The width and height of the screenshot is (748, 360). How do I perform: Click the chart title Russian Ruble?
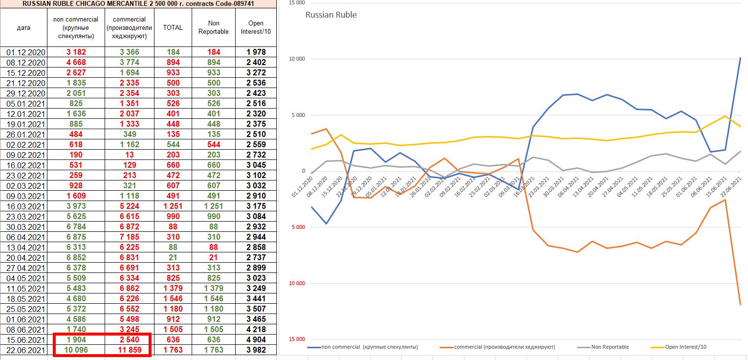[x=331, y=15]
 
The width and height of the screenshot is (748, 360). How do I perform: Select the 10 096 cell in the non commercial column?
[x=75, y=350]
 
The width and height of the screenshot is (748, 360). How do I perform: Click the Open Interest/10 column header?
[x=256, y=27]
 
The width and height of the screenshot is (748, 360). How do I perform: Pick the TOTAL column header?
[x=173, y=27]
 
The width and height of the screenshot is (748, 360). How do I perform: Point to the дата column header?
[x=23, y=27]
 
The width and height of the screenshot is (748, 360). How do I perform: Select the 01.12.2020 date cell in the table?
[x=26, y=52]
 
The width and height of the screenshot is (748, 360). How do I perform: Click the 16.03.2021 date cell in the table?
[x=26, y=206]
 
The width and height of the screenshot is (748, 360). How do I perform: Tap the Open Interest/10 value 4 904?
[x=256, y=339]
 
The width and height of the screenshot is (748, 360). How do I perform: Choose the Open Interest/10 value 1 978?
[x=256, y=52]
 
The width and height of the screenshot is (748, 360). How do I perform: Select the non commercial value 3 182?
[x=75, y=52]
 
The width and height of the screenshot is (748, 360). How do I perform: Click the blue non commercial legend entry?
[x=362, y=347]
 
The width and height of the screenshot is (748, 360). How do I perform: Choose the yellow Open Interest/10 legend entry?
[x=680, y=347]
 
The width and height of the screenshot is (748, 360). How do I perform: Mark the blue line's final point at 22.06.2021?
[x=740, y=58]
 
